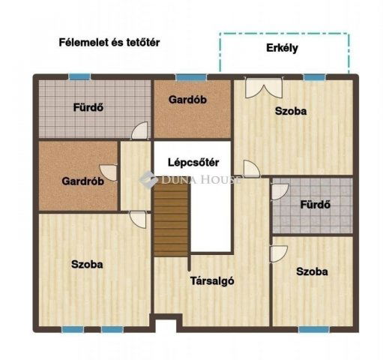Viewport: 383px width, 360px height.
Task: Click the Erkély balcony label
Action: (x=283, y=48)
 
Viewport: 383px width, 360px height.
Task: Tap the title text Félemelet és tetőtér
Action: (x=109, y=43)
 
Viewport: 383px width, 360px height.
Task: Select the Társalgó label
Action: (x=212, y=281)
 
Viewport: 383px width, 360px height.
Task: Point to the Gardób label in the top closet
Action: (x=187, y=100)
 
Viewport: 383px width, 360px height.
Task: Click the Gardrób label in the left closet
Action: (x=82, y=181)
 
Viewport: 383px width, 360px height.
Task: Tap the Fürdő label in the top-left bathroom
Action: (x=88, y=106)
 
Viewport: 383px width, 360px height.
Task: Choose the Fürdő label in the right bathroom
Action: (x=316, y=204)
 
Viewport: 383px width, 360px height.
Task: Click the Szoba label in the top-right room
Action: (x=291, y=111)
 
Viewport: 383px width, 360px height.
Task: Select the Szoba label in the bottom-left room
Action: (x=87, y=264)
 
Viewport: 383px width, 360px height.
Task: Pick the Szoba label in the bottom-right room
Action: (x=311, y=271)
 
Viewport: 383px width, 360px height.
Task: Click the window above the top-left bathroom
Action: (x=79, y=76)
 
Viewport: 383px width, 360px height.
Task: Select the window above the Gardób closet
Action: (x=187, y=76)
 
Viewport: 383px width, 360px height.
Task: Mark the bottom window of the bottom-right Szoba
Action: (x=313, y=328)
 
